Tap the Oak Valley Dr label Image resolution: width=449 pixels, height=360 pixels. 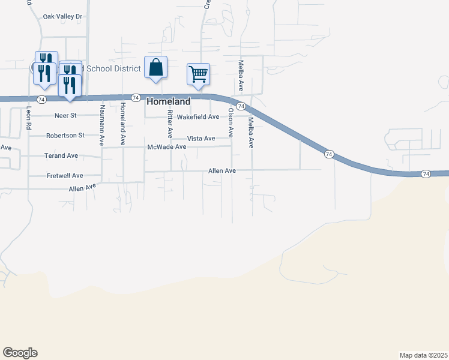(x=62, y=17)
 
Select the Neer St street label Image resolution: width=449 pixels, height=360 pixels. (x=65, y=115)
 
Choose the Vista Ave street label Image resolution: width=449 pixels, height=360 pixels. (x=201, y=139)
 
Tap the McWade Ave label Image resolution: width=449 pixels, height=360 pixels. (x=163, y=147)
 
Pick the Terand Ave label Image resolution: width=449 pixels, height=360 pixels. (x=61, y=155)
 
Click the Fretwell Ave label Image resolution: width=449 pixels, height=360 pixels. (x=64, y=176)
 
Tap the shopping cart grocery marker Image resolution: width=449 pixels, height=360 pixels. (x=198, y=74)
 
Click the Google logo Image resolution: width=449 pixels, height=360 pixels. (x=20, y=353)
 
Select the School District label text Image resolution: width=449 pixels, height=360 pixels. (x=113, y=68)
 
